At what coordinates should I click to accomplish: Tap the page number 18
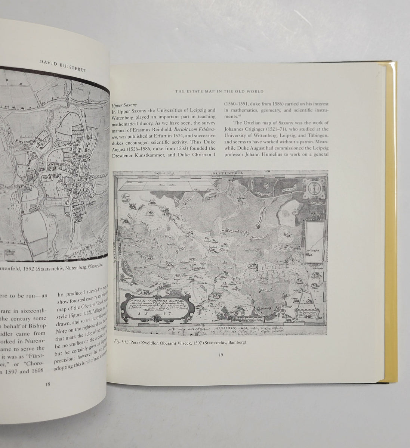pyautogui.click(x=46, y=385)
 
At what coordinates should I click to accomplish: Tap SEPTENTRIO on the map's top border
pyautogui.click(x=222, y=174)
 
